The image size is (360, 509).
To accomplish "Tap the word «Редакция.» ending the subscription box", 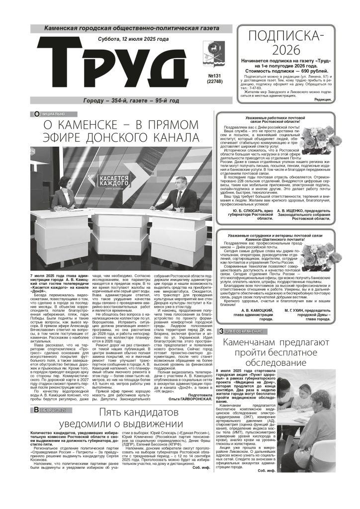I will click(323, 99).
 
